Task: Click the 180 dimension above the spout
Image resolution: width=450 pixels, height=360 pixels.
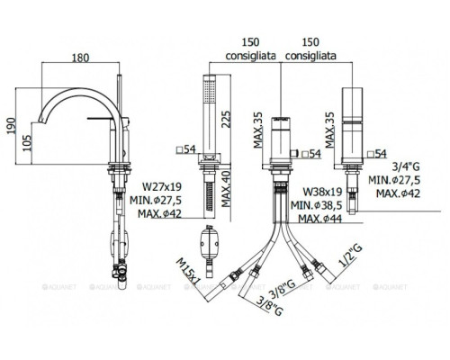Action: point(80,58)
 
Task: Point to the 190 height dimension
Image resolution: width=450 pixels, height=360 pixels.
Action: point(11,126)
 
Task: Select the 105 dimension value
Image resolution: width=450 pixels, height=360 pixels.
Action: point(27,143)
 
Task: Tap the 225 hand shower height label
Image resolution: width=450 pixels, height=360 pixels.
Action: point(226,120)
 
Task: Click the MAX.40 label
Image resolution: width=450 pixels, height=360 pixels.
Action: point(226,188)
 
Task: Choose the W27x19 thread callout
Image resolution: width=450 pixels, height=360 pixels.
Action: point(162,186)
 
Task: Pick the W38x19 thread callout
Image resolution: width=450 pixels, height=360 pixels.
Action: point(322,192)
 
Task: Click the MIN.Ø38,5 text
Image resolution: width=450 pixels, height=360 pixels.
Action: point(317,205)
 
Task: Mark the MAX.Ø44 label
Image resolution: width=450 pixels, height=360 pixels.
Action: point(320,219)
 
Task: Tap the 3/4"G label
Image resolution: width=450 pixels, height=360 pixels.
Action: point(406,166)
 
